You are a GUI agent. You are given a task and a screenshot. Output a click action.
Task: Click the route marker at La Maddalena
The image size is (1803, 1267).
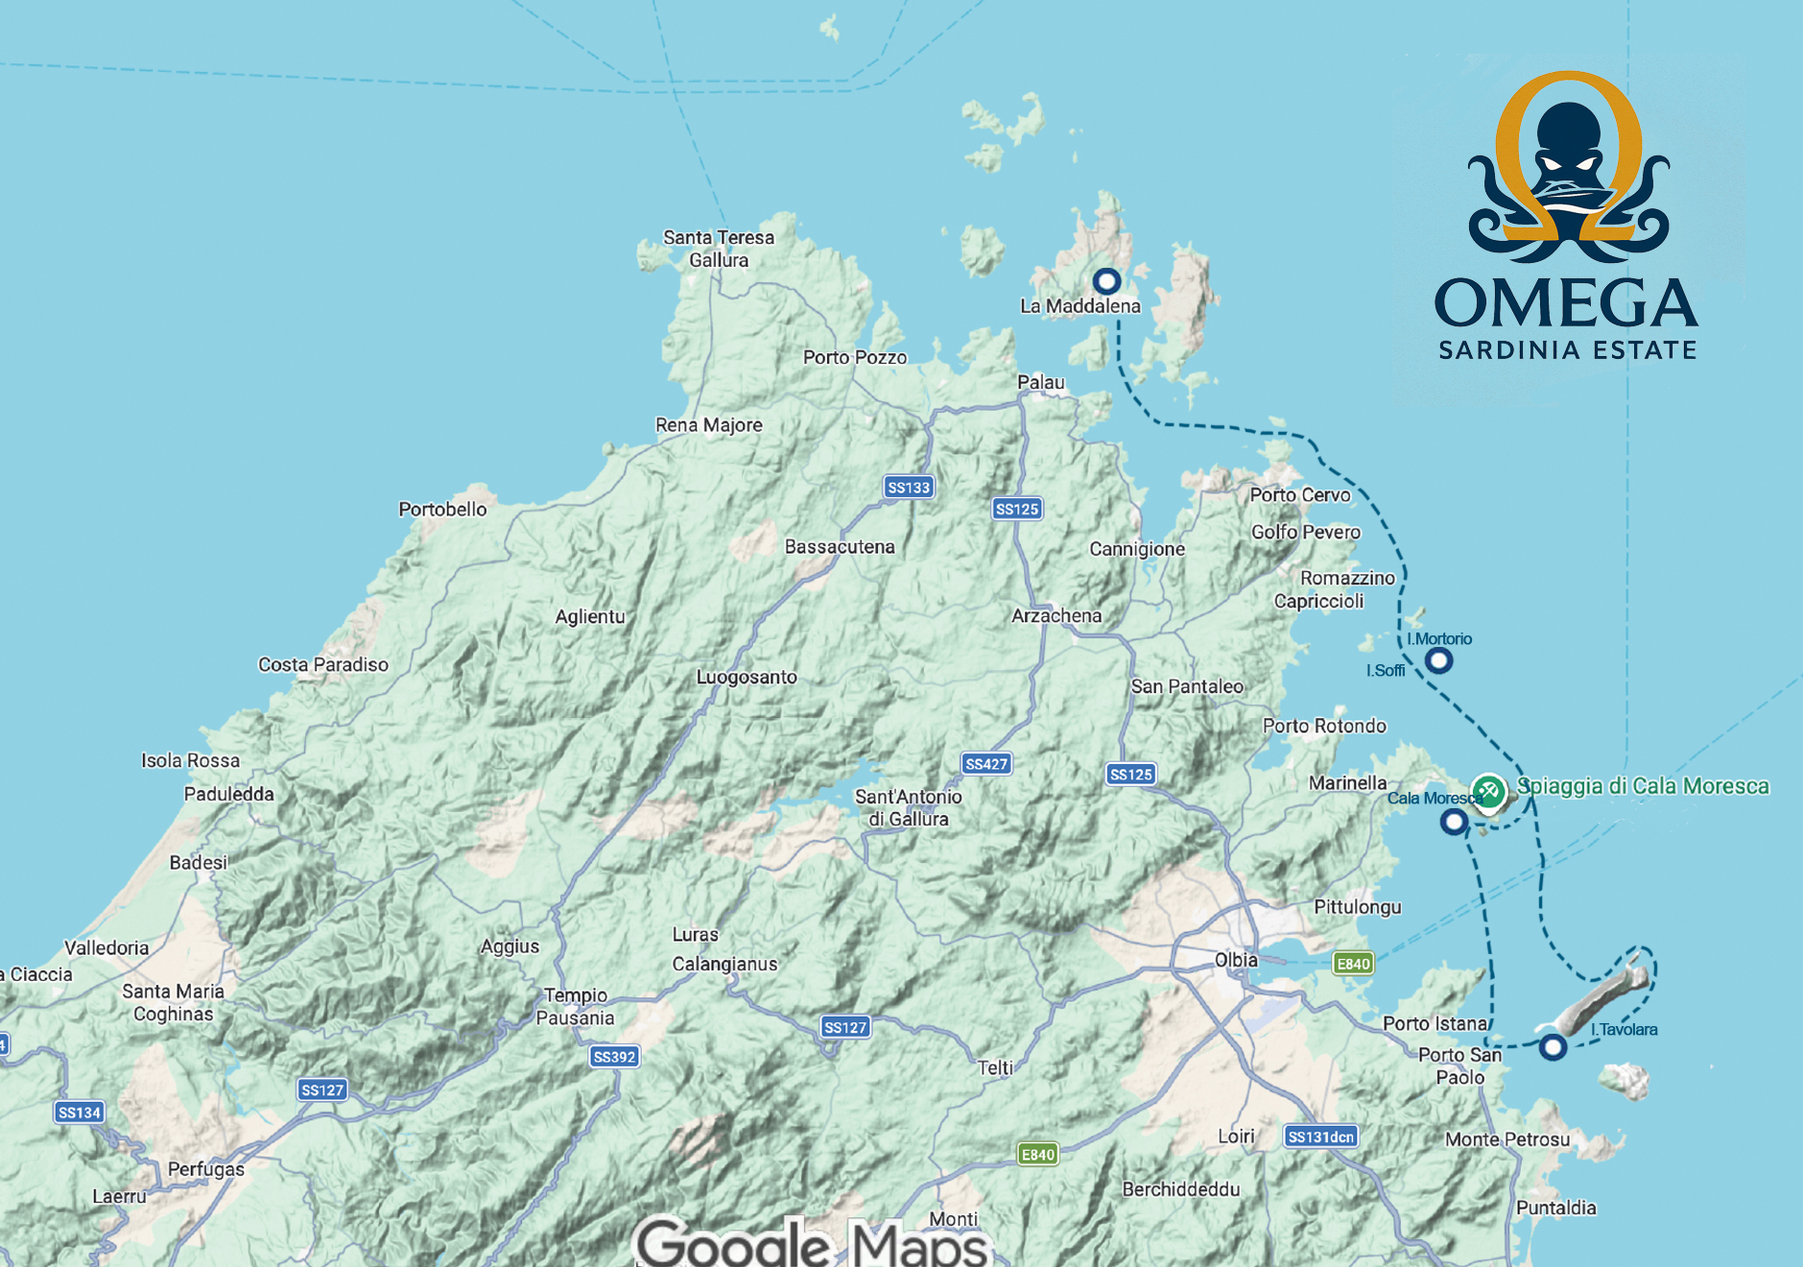(1106, 281)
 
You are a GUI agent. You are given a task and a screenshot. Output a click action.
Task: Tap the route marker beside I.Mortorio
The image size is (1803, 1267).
(1437, 660)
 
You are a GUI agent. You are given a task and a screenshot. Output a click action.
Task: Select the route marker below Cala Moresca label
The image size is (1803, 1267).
(1454, 822)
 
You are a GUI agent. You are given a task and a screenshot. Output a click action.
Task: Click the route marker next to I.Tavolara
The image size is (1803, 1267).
(1553, 1047)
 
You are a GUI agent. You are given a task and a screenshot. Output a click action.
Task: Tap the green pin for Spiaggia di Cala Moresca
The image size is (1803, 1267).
(1488, 792)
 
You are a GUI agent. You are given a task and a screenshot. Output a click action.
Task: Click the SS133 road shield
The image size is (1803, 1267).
(908, 488)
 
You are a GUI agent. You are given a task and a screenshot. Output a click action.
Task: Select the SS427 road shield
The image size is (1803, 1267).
(986, 764)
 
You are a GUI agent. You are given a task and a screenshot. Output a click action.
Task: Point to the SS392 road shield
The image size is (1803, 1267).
(614, 1057)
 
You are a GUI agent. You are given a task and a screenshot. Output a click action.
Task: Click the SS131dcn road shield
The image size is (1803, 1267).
(1320, 1137)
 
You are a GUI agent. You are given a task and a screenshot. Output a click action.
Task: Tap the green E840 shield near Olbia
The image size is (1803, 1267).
(1353, 964)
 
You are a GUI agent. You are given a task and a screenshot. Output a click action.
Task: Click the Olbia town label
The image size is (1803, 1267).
(1236, 960)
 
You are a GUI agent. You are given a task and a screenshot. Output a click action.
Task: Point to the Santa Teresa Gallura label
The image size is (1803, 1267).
(719, 249)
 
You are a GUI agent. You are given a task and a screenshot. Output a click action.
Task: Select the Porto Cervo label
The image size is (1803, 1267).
(1299, 495)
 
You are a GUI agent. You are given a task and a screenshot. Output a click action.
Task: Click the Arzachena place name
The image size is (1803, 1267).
(1056, 616)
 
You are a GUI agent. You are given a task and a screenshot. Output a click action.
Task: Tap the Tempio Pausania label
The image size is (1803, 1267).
(576, 1007)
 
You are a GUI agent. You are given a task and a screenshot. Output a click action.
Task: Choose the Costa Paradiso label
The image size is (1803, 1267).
(323, 665)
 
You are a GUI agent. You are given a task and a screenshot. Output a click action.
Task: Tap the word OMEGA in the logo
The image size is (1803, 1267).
(1566, 303)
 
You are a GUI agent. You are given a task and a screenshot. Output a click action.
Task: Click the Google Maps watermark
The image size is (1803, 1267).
(812, 1243)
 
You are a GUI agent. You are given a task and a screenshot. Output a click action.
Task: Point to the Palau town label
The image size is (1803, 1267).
(1041, 383)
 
